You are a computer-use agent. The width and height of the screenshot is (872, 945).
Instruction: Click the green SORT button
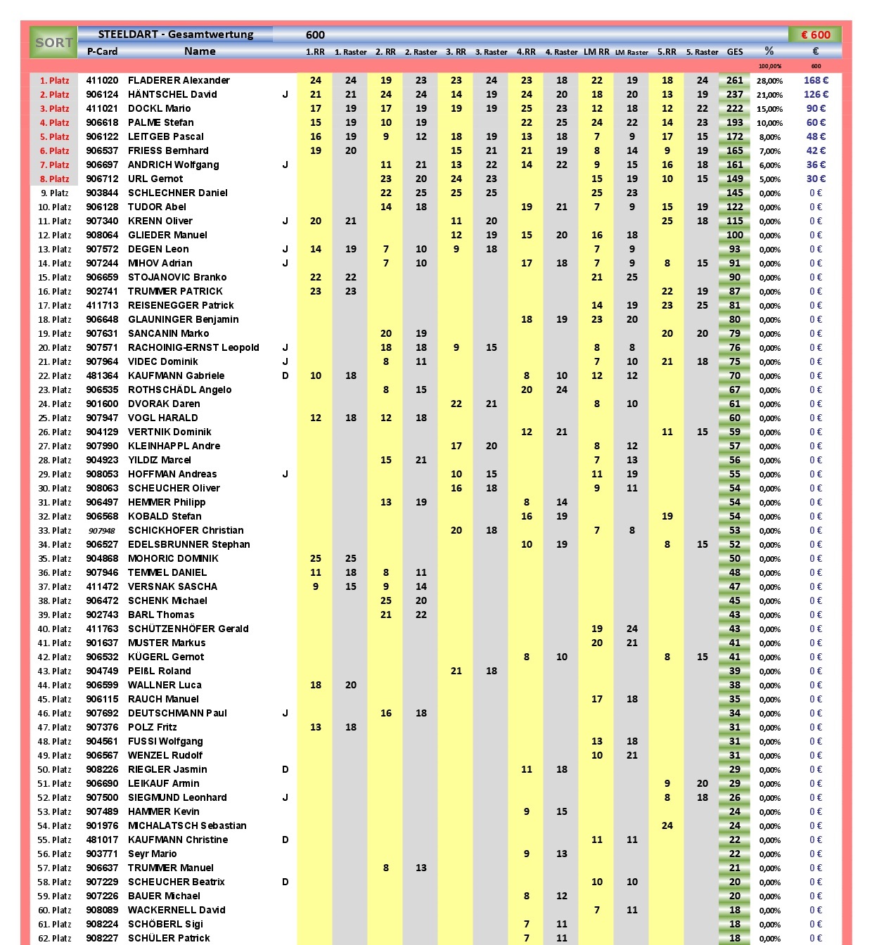point(53,43)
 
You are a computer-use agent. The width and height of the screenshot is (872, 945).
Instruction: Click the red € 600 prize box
point(815,34)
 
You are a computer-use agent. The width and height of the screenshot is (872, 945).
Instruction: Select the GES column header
point(735,52)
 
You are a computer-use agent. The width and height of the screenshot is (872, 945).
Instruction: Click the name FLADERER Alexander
point(179,80)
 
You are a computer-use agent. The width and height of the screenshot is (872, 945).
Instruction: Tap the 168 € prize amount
point(816,80)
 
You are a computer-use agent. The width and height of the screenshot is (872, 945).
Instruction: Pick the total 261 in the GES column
point(735,80)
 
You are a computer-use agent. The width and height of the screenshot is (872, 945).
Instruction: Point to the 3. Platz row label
point(54,108)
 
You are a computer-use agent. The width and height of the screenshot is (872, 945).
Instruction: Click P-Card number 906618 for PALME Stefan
point(102,122)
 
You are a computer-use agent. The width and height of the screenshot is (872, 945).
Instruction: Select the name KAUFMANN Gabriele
point(176,375)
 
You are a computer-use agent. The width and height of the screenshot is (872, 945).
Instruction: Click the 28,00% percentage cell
point(769,81)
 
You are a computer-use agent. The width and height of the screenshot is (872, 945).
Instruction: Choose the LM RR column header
point(596,52)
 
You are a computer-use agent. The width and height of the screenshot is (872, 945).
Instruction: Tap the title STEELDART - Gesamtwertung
point(176,34)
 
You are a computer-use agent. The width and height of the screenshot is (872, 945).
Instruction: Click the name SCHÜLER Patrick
point(169,938)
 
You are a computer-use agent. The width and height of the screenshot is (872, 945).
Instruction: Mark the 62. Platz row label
point(54,938)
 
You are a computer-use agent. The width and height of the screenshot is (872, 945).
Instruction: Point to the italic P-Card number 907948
point(102,531)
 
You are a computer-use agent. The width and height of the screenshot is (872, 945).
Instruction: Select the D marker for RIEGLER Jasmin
point(286,769)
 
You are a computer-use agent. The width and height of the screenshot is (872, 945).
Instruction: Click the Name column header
point(200,51)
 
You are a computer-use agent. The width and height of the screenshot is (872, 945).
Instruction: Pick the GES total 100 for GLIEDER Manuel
point(735,235)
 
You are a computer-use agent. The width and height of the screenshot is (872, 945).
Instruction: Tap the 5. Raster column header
point(702,52)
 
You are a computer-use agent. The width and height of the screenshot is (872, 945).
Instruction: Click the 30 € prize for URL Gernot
point(816,179)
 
